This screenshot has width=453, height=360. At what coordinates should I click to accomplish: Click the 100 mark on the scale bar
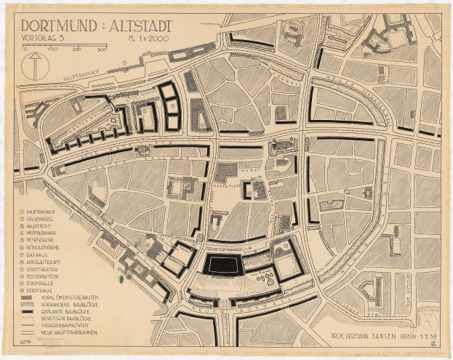coord(52,50)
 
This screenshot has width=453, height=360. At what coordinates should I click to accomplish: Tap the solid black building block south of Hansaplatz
coord(223,265)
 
